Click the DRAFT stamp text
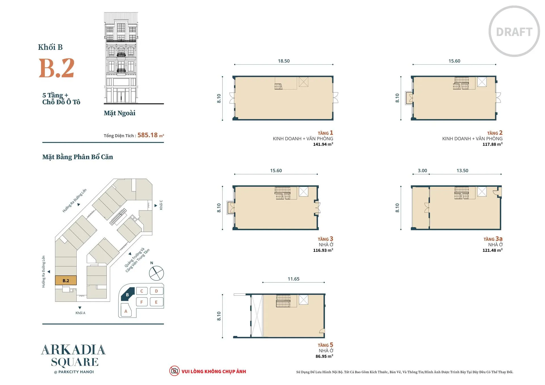[514, 32]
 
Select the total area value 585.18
[148, 135]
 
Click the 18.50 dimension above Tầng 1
[284, 61]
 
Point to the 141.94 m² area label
[323, 144]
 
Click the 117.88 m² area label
[492, 144]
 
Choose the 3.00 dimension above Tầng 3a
[422, 171]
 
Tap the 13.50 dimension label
[462, 171]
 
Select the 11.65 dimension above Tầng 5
[294, 279]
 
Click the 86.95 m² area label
[324, 356]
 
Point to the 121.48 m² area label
[492, 250]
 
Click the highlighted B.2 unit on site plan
[66, 280]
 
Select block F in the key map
[142, 302]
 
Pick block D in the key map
[156, 291]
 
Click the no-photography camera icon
[174, 371]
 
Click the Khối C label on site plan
[161, 205]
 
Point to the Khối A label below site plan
[80, 313]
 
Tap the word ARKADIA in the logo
[73, 350]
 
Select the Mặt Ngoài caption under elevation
[120, 113]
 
